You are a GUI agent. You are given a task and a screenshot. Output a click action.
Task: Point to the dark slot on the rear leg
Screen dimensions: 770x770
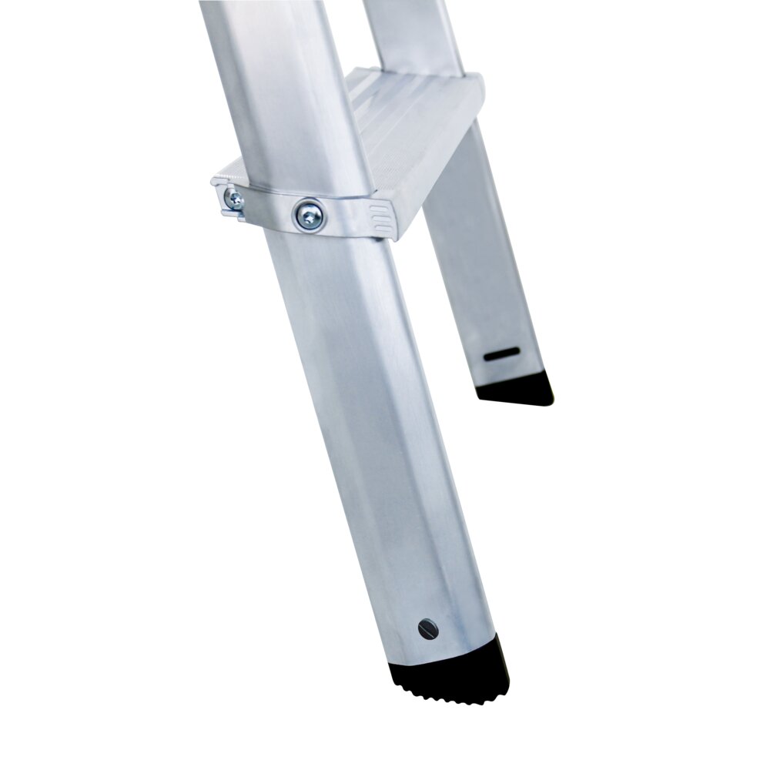[501, 356]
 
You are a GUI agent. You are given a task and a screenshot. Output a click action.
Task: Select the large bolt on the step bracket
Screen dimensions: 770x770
[310, 215]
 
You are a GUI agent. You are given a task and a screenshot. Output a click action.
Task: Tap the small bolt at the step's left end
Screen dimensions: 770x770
[233, 201]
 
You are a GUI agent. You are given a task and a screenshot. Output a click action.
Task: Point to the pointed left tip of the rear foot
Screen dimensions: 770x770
[479, 393]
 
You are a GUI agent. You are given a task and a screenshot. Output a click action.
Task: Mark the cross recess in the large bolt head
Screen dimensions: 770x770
[310, 215]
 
